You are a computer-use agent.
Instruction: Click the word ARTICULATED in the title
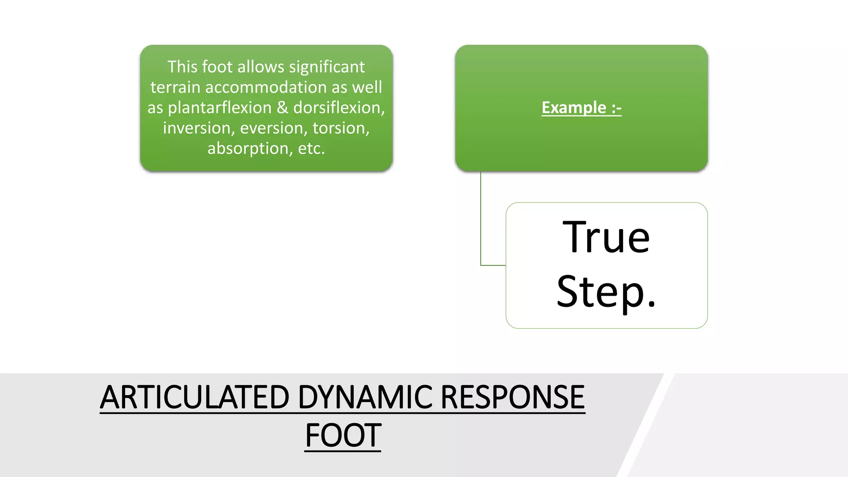pos(194,397)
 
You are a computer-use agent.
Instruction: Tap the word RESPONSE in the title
pos(512,397)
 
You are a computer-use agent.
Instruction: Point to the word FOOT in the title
pos(343,436)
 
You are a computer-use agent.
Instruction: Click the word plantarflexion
pos(220,108)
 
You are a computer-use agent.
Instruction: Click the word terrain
pos(175,87)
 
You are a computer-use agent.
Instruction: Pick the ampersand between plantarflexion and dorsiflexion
pos(282,108)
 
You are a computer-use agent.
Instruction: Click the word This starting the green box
pos(182,67)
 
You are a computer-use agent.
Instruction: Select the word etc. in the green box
pos(311,148)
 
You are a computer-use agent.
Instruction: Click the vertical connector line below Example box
pos(481,215)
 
